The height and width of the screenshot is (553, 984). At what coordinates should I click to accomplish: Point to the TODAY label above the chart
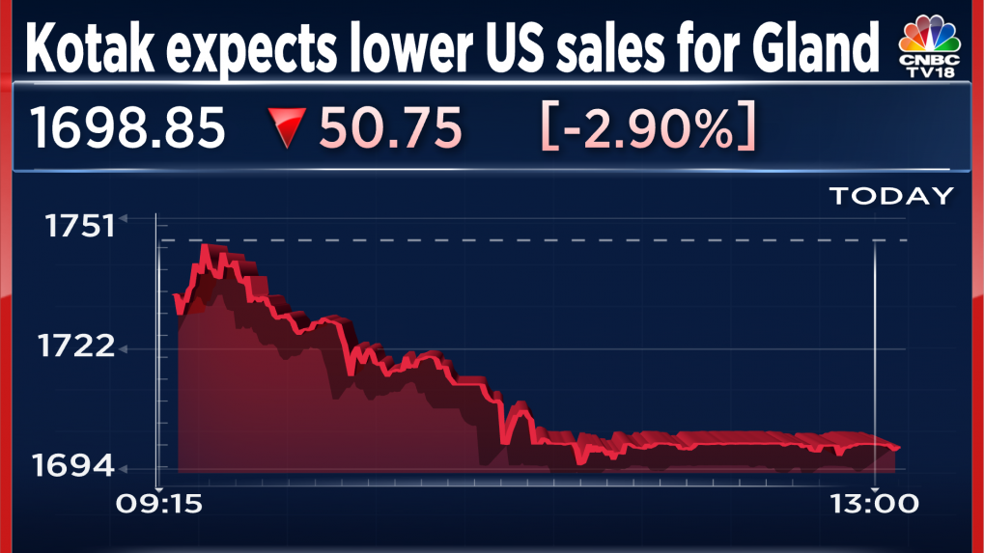[890, 196]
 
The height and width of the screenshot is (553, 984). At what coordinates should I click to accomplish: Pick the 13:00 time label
[873, 504]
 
